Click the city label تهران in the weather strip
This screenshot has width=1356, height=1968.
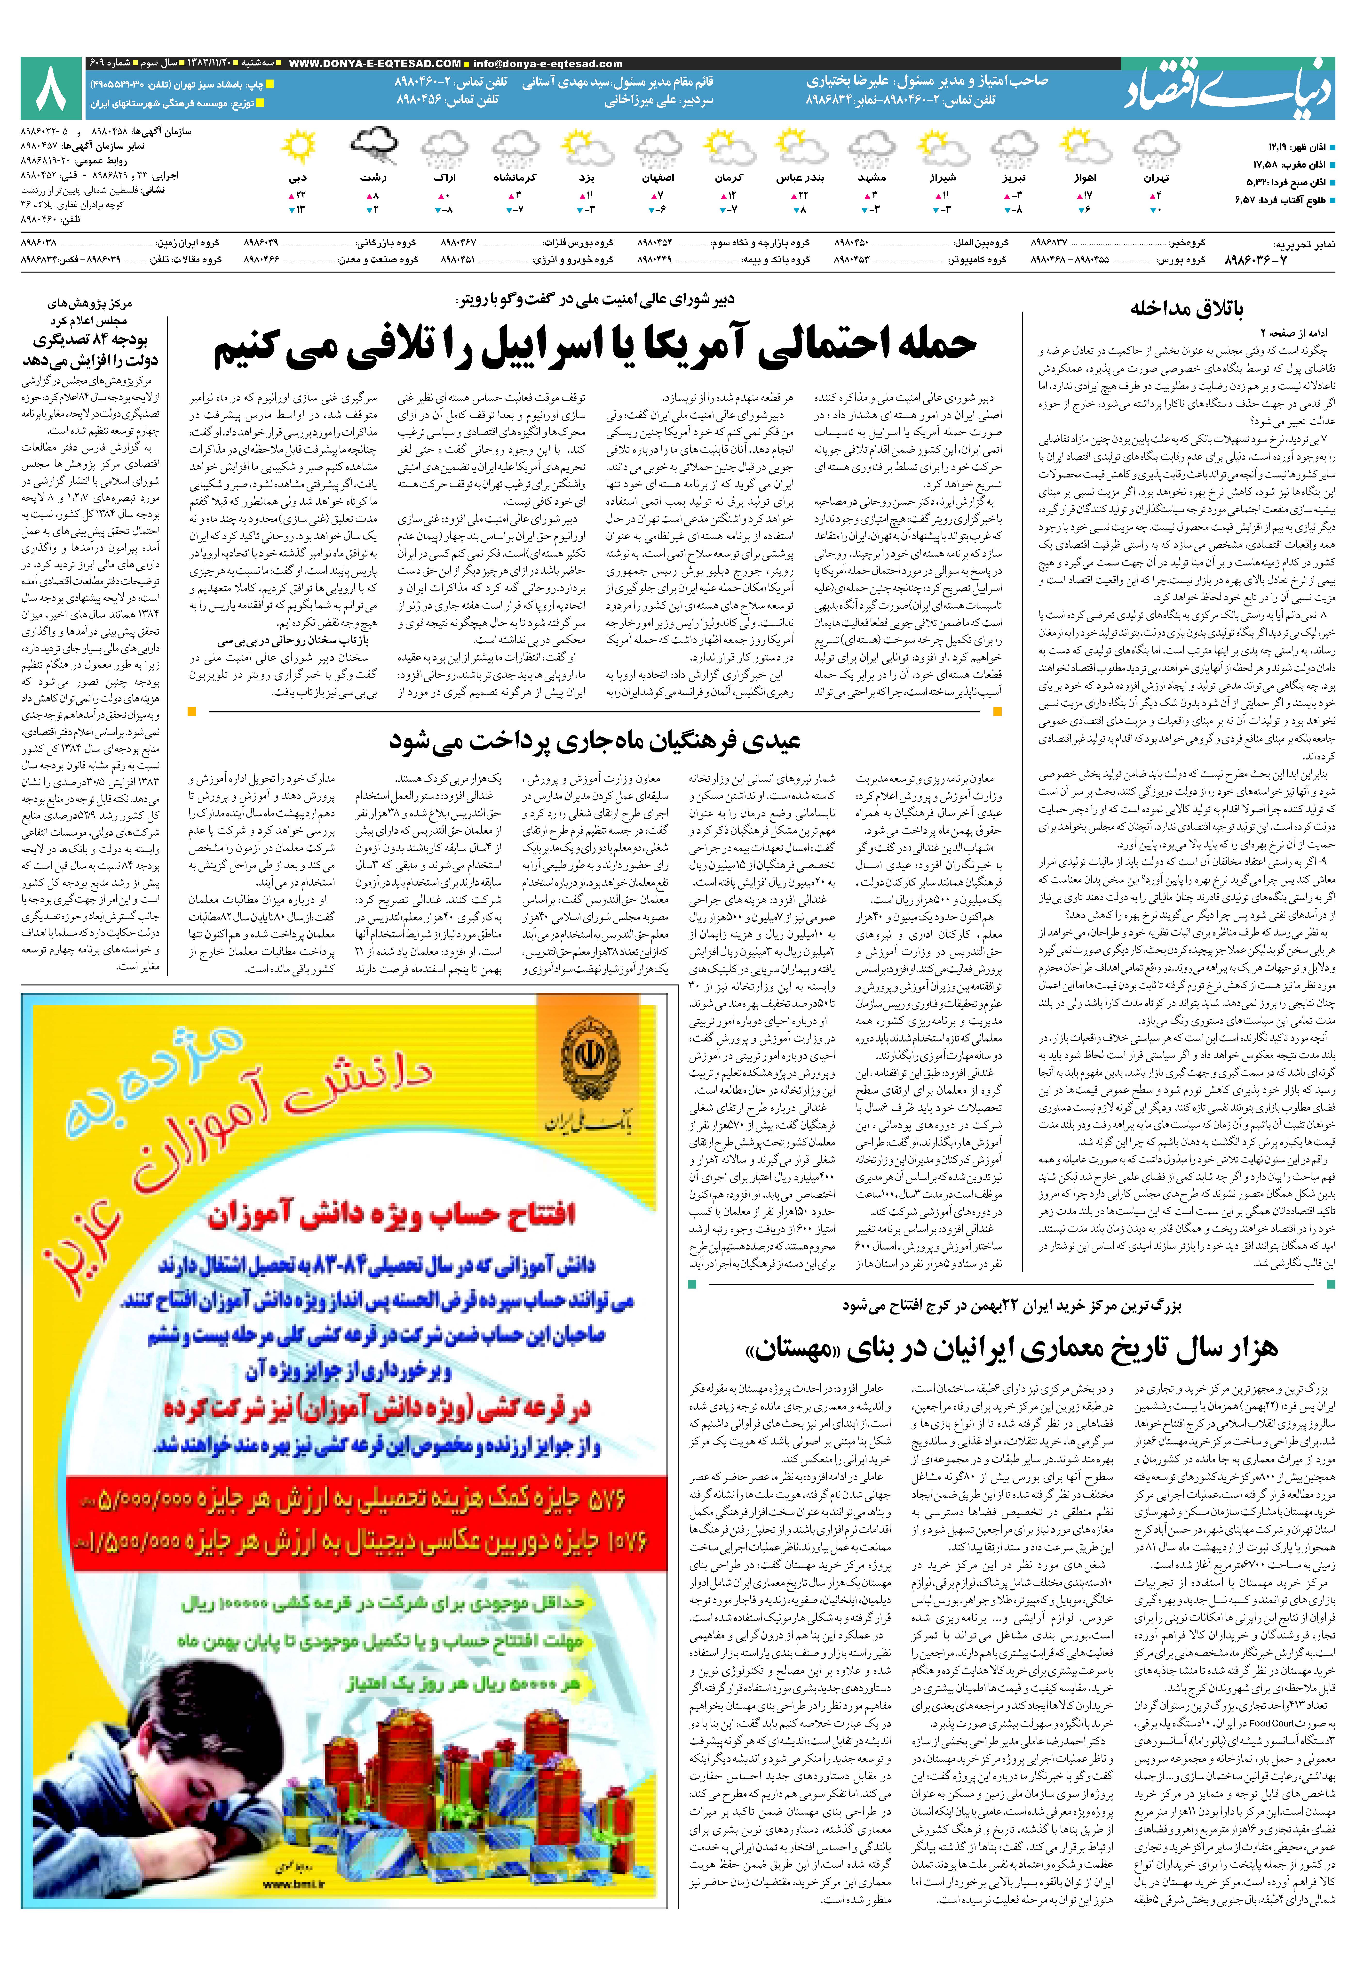pyautogui.click(x=1156, y=178)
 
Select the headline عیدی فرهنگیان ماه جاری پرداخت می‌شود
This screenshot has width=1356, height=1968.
pyautogui.click(x=595, y=741)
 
